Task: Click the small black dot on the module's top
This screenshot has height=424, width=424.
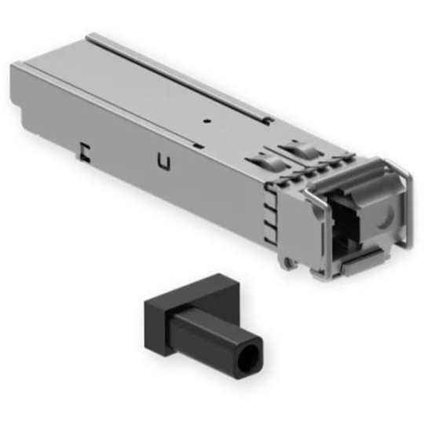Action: [x=207, y=122]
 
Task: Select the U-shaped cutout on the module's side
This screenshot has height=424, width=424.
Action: [x=163, y=163]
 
